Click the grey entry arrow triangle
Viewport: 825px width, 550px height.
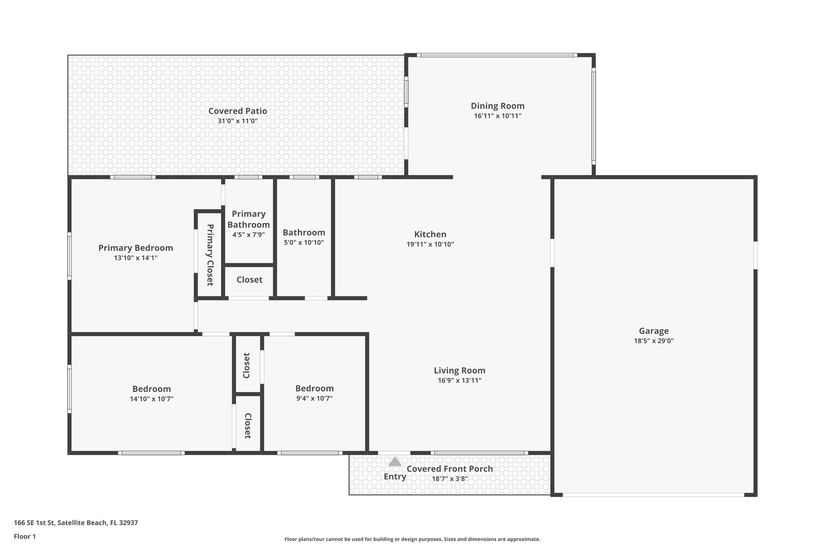tap(395, 462)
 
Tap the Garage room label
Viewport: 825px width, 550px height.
tap(653, 331)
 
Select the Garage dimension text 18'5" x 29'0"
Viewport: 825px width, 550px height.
tap(653, 341)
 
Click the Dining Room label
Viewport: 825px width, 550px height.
tap(497, 106)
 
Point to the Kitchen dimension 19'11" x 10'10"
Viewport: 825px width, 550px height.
tap(430, 244)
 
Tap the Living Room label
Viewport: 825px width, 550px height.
tap(459, 370)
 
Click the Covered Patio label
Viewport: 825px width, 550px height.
tap(237, 111)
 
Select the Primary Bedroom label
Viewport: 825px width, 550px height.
tap(135, 248)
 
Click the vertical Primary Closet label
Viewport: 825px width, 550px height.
tap(210, 255)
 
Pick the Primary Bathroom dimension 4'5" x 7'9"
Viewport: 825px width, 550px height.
tap(249, 235)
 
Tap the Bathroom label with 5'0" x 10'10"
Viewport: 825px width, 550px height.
tap(304, 232)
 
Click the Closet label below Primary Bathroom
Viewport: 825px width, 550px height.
tap(249, 280)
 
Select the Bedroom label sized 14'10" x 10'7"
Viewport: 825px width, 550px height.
tap(151, 389)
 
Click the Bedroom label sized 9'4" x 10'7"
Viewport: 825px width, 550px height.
tap(314, 388)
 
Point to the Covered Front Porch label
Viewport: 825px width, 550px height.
tap(450, 469)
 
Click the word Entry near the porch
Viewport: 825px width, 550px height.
tap(395, 477)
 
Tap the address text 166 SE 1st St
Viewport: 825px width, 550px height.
tap(76, 523)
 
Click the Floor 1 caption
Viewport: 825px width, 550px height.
tap(25, 536)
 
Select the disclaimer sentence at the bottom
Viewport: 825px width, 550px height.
tap(412, 539)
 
